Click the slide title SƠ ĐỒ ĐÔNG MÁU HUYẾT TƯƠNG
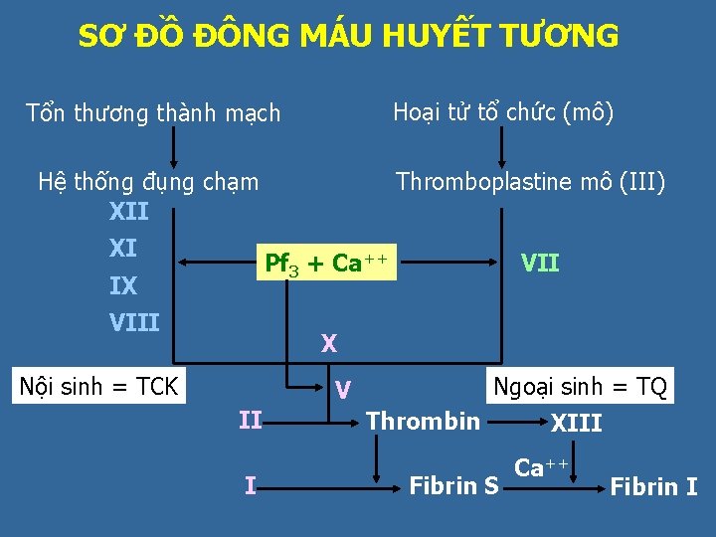pyautogui.click(x=348, y=37)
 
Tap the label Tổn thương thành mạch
pyautogui.click(x=153, y=113)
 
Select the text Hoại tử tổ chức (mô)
pyautogui.click(x=503, y=111)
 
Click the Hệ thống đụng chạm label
pyautogui.click(x=147, y=182)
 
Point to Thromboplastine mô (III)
pyautogui.click(x=531, y=182)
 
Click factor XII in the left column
pyautogui.click(x=128, y=212)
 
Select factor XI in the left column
pyautogui.click(x=123, y=248)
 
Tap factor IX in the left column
pyautogui.click(x=123, y=286)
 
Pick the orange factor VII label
pyautogui.click(x=540, y=264)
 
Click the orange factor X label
pyautogui.click(x=328, y=344)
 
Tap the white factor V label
pyautogui.click(x=341, y=388)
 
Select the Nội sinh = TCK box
pyautogui.click(x=99, y=386)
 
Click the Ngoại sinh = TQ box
pyautogui.click(x=580, y=386)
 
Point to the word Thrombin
pyautogui.click(x=423, y=421)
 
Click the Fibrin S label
pyautogui.click(x=454, y=486)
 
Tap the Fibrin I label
pyautogui.click(x=653, y=486)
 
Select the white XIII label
pyautogui.click(x=577, y=423)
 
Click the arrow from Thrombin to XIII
pyautogui.click(x=515, y=421)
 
